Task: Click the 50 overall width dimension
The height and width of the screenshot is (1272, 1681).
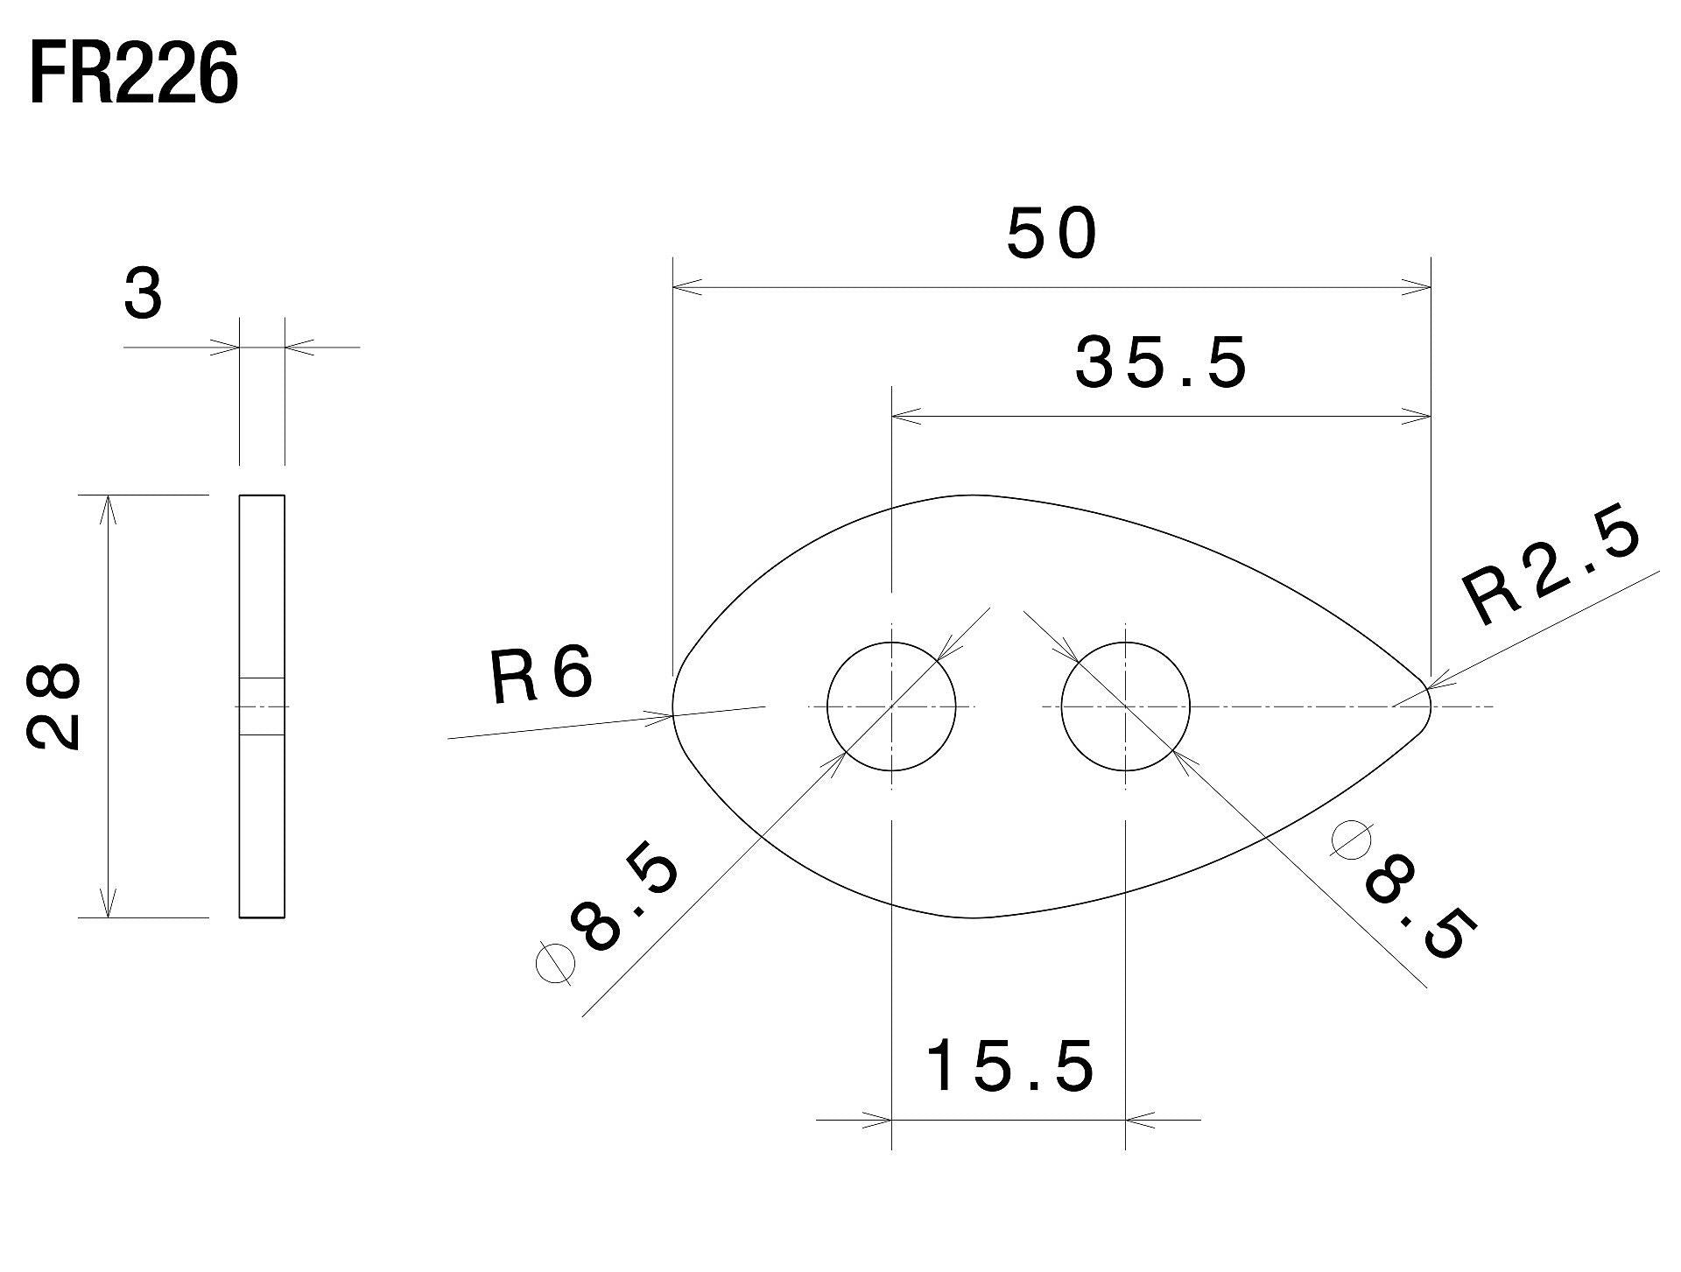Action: (1051, 235)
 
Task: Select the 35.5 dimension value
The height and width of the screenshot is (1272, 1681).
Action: (1160, 363)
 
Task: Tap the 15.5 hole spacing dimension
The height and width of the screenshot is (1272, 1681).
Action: (1009, 1066)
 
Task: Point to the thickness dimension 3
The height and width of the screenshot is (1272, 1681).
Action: (143, 295)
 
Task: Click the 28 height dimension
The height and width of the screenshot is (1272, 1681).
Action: (54, 706)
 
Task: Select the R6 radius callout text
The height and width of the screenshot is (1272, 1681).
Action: (541, 677)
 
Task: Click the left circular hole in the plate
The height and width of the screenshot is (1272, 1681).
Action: (891, 706)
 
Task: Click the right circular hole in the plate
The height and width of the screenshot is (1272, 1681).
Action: (1125, 706)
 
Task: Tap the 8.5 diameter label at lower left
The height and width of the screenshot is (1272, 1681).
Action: (625, 902)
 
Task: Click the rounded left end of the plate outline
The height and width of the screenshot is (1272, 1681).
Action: (675, 706)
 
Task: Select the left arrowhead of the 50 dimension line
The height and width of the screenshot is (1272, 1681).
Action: (687, 286)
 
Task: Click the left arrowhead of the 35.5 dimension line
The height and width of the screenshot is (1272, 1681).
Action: (906, 417)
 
